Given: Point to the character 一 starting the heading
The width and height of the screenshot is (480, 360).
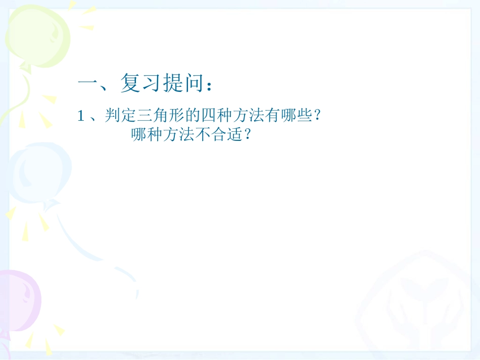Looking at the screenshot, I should [x=88, y=83].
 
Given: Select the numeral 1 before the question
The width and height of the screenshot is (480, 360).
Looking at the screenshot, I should [x=80, y=117].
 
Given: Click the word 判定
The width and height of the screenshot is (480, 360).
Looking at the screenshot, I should [x=117, y=116].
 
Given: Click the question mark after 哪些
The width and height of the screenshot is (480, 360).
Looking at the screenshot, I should [x=317, y=117].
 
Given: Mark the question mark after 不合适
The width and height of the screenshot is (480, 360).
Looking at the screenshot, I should [x=247, y=136].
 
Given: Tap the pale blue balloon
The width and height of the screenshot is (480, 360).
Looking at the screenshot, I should [x=38, y=172].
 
